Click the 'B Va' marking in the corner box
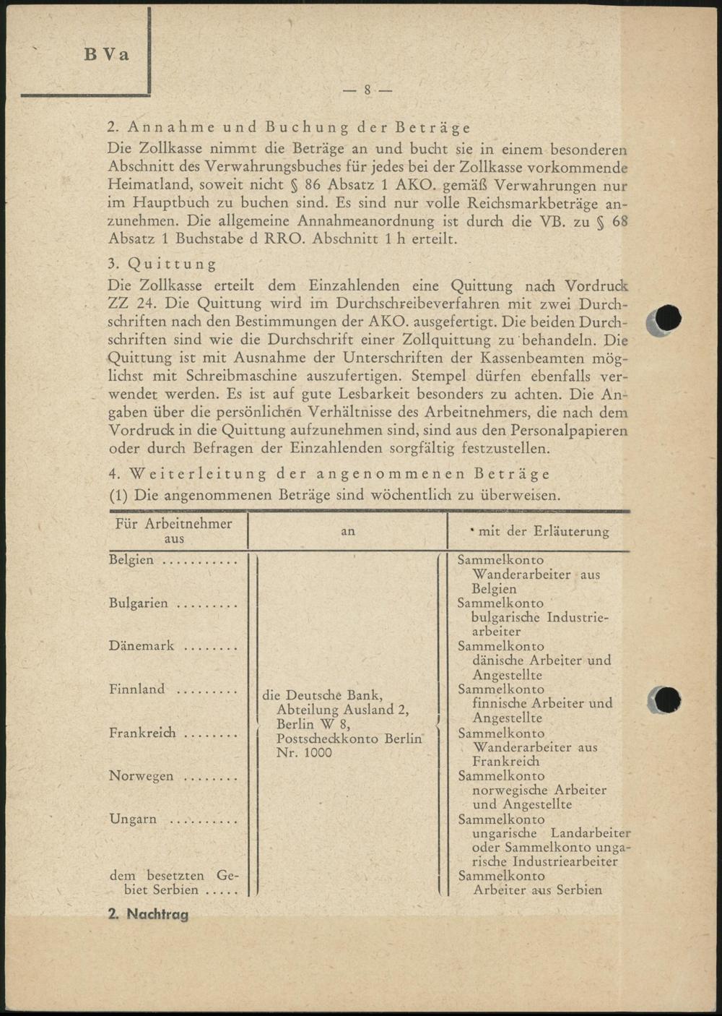tap(106, 55)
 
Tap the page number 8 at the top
tap(367, 90)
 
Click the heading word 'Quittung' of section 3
tap(172, 264)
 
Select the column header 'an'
tap(348, 531)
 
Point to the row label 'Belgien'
tap(131, 560)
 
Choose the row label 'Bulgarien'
tap(139, 603)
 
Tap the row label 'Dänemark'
tap(142, 646)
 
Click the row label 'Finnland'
tap(137, 689)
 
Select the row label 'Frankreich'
tap(142, 733)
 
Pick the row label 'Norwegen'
tap(142, 776)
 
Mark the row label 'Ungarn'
tap(133, 819)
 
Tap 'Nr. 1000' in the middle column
tap(304, 753)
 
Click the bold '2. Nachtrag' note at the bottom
tap(148, 914)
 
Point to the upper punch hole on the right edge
tap(668, 319)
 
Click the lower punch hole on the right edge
tap(668, 699)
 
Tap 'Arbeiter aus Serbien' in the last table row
tap(537, 890)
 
